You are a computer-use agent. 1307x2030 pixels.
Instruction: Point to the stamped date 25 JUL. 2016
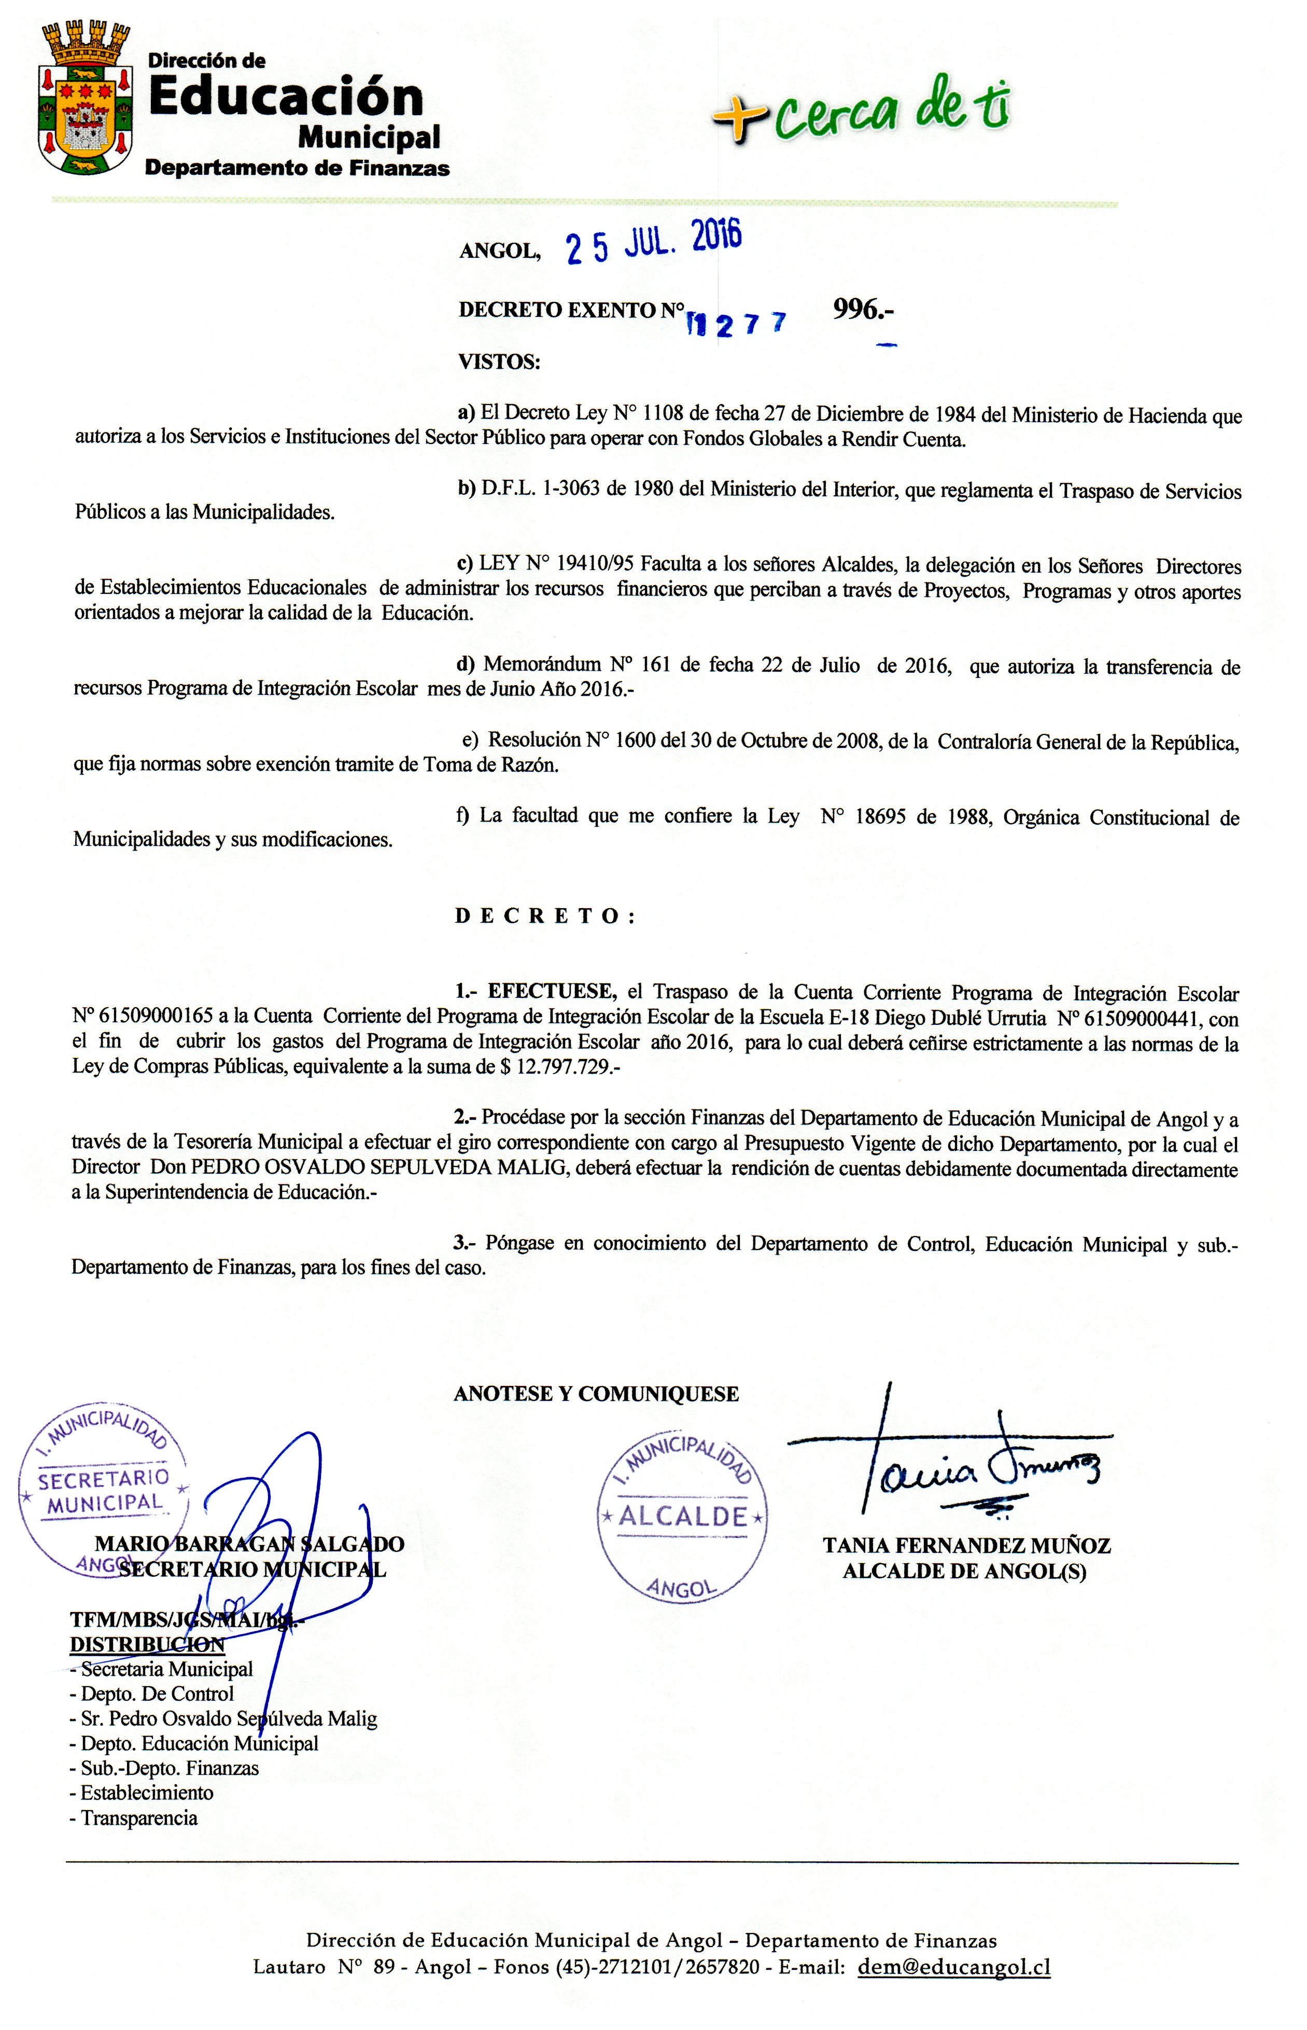tap(653, 243)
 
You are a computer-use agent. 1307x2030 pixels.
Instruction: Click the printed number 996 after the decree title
tap(862, 310)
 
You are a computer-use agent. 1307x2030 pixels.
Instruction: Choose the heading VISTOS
tap(499, 363)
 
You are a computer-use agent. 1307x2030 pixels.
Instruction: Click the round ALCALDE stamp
tap(683, 1515)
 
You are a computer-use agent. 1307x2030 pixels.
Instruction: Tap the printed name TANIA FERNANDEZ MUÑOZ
tap(966, 1546)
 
